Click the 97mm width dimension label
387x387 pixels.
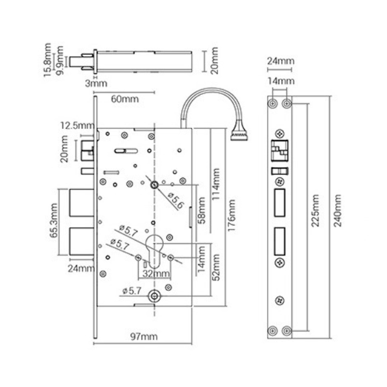click(144, 337)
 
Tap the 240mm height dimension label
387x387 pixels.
click(337, 210)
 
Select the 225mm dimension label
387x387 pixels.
click(315, 210)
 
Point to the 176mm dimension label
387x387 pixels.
click(232, 215)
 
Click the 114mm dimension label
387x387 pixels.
click(215, 184)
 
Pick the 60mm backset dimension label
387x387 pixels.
click(124, 99)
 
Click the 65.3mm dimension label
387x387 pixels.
click(54, 221)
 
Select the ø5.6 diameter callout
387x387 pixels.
click(176, 200)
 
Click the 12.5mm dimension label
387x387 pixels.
click(77, 126)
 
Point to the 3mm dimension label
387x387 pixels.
click(96, 83)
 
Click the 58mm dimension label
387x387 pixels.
click(202, 210)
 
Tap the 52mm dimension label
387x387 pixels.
click(215, 268)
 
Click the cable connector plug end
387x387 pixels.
click(239, 135)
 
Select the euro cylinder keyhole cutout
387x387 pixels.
click(154, 251)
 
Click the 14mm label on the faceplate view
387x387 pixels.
click(281, 81)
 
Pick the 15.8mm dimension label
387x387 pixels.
click(47, 60)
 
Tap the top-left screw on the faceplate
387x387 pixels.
click(272, 104)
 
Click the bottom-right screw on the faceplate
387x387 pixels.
click(287, 331)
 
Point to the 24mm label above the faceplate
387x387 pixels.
click(281, 61)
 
